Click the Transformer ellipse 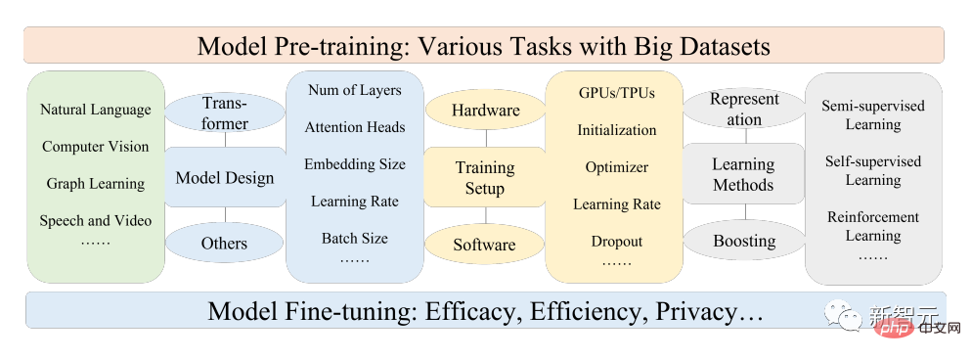click(225, 112)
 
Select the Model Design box click(225, 177)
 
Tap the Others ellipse click(225, 244)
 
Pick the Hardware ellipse click(484, 111)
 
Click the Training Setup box click(484, 177)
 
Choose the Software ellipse click(484, 245)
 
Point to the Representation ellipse click(744, 109)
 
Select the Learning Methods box click(744, 174)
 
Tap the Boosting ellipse click(744, 241)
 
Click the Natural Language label click(96, 110)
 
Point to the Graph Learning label click(96, 184)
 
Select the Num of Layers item click(354, 90)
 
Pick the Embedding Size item click(354, 164)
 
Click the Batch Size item click(354, 238)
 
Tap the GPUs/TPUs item click(616, 93)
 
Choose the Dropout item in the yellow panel click(616, 241)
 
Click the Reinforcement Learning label click(873, 226)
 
